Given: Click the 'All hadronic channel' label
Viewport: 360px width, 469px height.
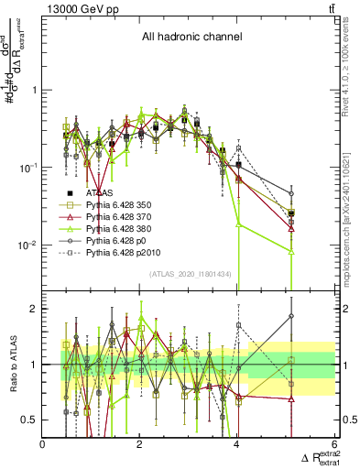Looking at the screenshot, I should pyautogui.click(x=191, y=38).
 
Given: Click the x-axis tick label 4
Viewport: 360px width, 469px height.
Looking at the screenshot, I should pyautogui.click(x=237, y=445).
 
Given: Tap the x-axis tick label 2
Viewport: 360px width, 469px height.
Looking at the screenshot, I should pyautogui.click(x=140, y=445).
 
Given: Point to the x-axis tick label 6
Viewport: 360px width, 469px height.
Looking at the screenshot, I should pyautogui.click(x=333, y=445).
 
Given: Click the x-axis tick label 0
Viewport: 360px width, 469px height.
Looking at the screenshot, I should pyautogui.click(x=43, y=445).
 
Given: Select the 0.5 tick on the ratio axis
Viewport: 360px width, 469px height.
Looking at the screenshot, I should pyautogui.click(x=30, y=420).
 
